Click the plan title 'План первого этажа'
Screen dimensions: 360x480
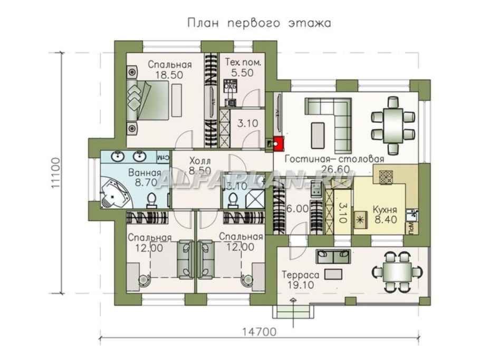click(x=258, y=23)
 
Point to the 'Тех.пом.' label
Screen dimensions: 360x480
click(x=243, y=62)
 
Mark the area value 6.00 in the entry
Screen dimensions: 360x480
click(x=299, y=208)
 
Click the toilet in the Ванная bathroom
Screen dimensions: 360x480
click(x=151, y=199)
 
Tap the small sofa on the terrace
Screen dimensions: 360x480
click(x=332, y=256)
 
